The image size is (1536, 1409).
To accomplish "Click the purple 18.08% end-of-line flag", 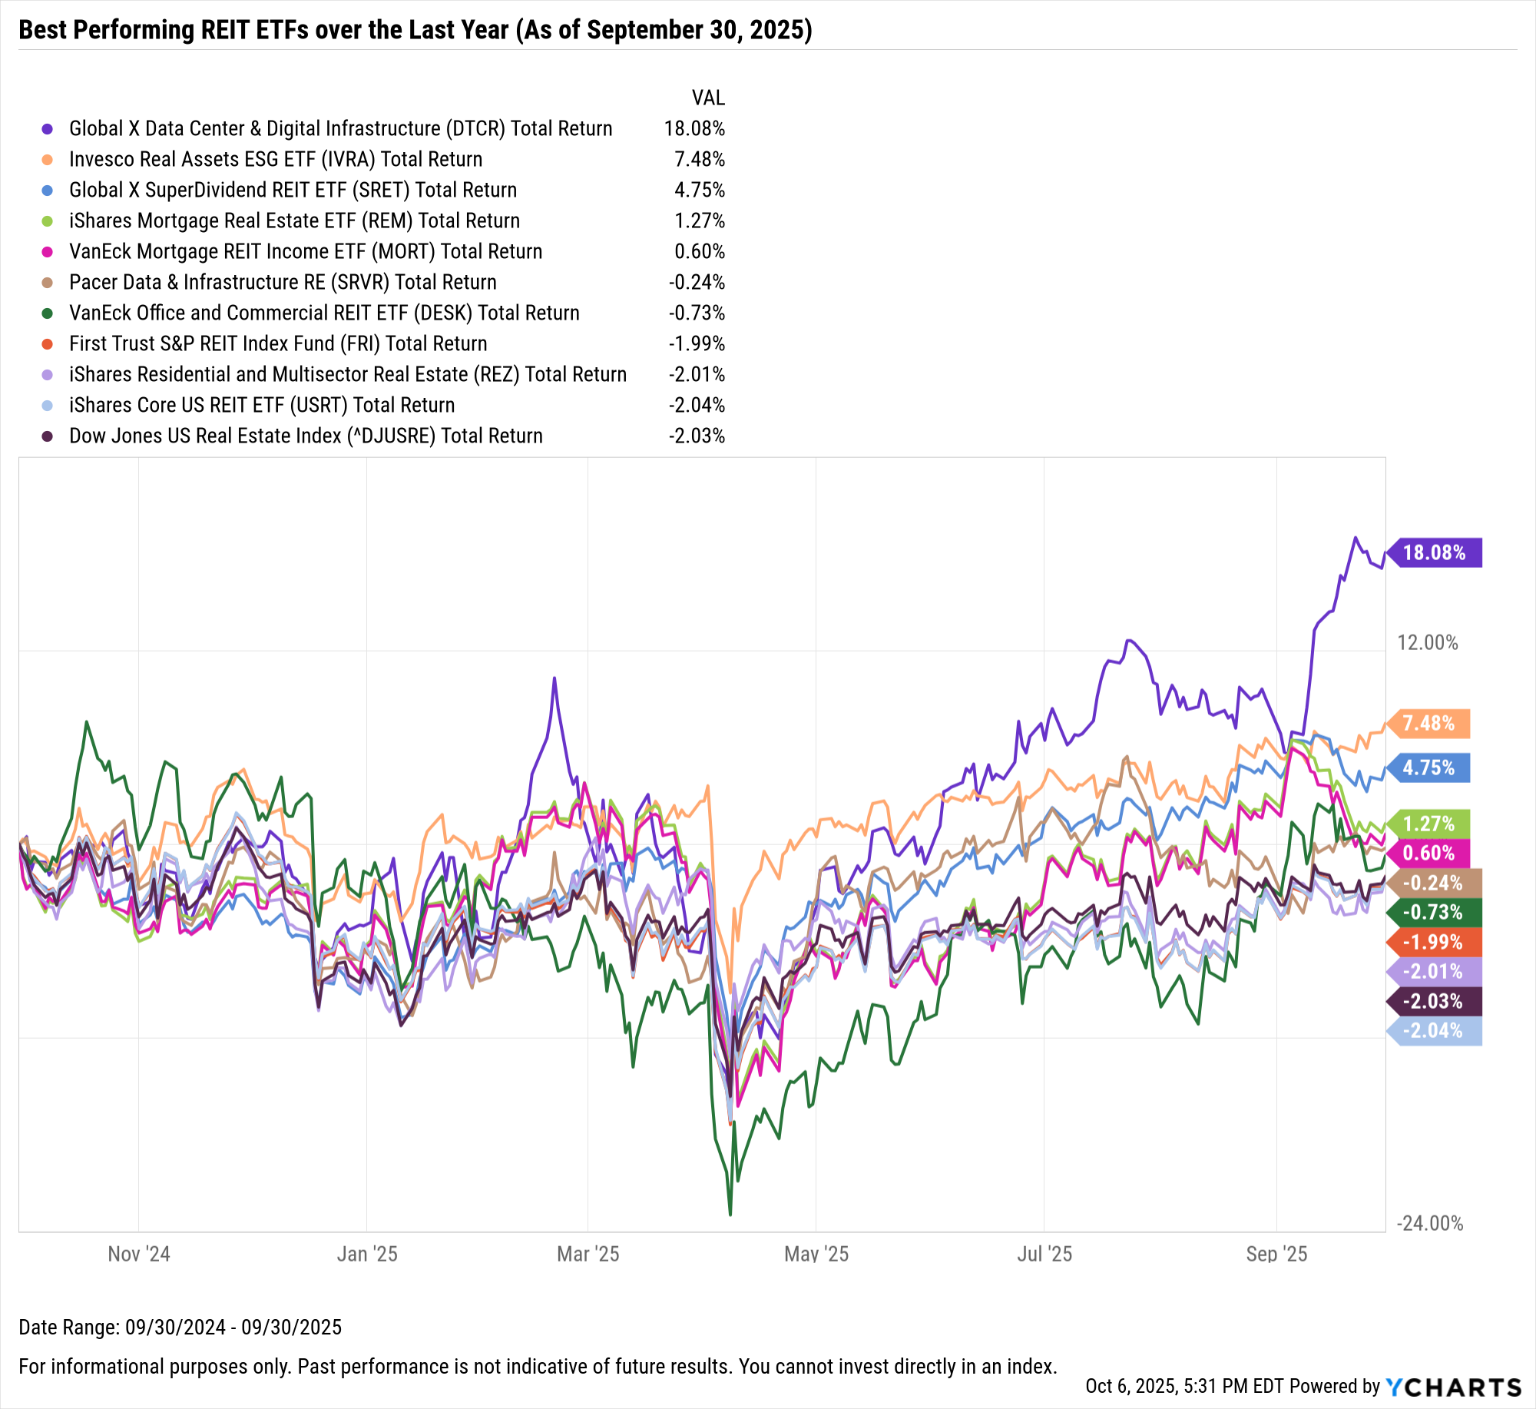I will coord(1434,552).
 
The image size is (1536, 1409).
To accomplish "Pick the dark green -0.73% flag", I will coord(1433,912).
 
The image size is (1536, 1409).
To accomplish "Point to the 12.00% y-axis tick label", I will coord(1427,642).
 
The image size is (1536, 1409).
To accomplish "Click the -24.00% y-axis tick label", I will coord(1429,1223).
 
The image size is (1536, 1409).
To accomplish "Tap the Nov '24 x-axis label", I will coord(139,1254).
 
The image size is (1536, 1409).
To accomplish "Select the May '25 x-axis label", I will coord(816,1254).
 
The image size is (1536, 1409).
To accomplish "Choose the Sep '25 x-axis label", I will coord(1276,1254).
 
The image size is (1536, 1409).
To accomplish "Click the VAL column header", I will coord(708,98).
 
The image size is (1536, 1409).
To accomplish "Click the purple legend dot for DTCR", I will coord(48,128).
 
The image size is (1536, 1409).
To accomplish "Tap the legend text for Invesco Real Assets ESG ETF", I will coord(276,159).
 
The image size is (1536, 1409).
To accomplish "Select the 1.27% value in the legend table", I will coord(700,220).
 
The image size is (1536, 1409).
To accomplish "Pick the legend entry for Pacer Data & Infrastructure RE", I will coord(283,282).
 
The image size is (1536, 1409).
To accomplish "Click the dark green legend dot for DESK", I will coord(48,313).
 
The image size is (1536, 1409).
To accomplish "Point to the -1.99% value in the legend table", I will coord(697,343).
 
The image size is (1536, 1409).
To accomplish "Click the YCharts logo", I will coord(1453,1387).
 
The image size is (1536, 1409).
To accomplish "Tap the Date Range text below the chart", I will coord(180,1327).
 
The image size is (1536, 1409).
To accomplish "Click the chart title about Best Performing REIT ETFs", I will coord(415,30).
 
